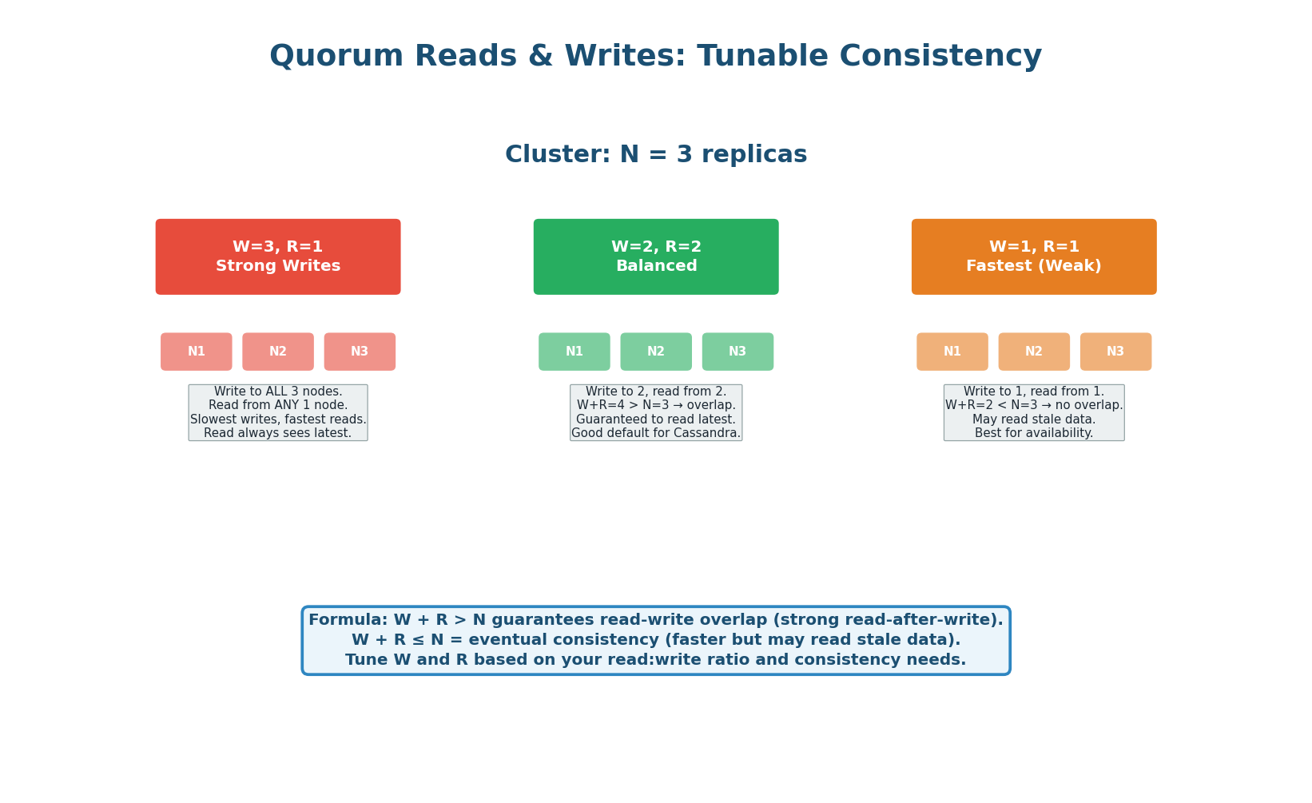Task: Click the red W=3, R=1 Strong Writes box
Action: coord(278,256)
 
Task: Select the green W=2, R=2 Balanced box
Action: coord(656,256)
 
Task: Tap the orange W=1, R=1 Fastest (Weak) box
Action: coord(1034,256)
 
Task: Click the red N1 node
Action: coord(197,352)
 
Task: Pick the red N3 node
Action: coord(360,352)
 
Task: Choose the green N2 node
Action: coord(656,352)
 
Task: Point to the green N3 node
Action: coord(738,352)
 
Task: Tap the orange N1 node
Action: coord(952,352)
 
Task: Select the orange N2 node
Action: coord(1034,352)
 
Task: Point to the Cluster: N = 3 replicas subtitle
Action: coord(656,155)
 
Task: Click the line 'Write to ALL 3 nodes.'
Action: coord(278,392)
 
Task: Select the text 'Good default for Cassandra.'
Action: coord(656,433)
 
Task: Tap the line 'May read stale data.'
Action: coord(1034,419)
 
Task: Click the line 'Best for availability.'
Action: coord(1034,433)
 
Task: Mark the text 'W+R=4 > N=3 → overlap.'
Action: coord(656,406)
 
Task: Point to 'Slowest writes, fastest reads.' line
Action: coord(278,419)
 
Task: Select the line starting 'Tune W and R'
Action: coord(656,660)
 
